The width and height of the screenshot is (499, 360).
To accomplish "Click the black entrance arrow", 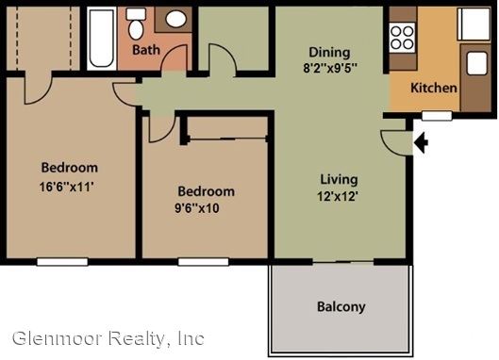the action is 421,143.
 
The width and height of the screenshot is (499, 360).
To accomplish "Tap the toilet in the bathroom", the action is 136,24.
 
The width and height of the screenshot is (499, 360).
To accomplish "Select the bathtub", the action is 102,38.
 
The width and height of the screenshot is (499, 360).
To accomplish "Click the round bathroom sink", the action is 175,19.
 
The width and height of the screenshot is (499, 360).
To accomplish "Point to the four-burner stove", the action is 402,38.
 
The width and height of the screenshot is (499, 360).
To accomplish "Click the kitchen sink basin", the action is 476,63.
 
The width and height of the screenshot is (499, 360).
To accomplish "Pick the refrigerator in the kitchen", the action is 474,24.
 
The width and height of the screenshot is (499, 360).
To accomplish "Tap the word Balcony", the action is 341,307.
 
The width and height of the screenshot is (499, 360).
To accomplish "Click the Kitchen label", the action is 434,88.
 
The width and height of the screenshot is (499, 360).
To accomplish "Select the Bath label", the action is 146,50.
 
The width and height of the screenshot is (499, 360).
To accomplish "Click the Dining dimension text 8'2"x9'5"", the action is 330,68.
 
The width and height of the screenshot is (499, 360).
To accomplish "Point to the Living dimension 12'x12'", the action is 338,196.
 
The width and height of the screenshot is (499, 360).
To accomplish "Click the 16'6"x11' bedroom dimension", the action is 67,187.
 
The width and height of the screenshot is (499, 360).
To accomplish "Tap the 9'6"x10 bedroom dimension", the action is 197,208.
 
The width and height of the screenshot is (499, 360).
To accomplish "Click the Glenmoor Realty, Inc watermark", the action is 108,338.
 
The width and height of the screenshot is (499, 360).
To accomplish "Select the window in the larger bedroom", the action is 62,262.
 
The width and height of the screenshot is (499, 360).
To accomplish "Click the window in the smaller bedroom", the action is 204,262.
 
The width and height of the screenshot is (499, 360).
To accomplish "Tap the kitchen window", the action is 437,115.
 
